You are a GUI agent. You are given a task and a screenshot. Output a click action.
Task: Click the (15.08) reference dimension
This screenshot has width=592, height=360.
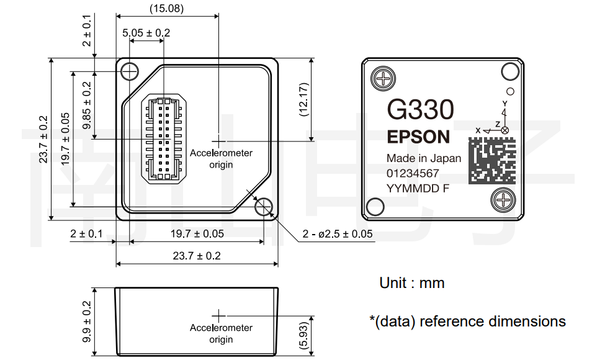166,9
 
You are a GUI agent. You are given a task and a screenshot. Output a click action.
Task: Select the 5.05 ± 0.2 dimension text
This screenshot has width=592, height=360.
146,33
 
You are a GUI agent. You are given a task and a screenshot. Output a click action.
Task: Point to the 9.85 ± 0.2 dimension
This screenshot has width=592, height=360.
87,106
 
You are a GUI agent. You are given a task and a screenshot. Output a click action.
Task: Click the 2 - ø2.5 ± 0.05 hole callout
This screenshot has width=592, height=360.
338,234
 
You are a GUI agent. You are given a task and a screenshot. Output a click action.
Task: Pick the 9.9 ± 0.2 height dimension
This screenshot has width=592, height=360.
87,322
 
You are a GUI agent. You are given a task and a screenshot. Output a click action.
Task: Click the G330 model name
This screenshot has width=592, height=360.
420,110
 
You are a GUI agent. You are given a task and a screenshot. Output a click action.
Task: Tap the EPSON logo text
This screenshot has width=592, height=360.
418,137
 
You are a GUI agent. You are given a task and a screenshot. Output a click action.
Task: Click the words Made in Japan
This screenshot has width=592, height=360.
424,158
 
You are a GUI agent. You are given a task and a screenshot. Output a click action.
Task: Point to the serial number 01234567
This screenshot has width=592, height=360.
413,173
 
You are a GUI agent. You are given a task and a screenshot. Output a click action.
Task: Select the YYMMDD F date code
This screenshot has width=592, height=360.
418,188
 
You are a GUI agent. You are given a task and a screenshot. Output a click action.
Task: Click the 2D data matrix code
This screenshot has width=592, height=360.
492,160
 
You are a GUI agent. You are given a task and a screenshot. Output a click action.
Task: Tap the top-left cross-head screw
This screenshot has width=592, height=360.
383,79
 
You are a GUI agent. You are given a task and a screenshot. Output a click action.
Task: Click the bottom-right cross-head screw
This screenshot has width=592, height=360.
503,200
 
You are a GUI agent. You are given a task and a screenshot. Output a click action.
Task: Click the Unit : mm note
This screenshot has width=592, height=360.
412,283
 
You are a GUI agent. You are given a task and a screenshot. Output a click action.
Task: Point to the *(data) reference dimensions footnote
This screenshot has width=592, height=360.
467,322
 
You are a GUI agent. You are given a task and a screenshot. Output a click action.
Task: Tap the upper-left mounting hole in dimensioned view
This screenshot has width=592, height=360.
130,71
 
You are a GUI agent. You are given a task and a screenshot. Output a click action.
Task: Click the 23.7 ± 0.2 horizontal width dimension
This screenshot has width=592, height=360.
197,256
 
